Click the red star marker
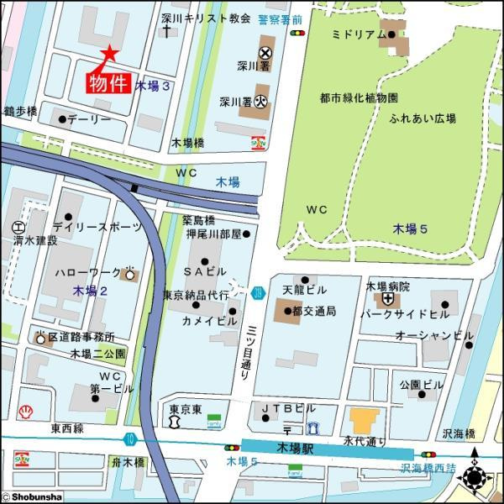coord(109,54)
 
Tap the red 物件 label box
coord(109,82)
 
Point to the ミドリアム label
coord(359,34)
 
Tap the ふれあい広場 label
coord(423,118)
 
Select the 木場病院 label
coord(387,286)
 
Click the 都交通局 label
coord(314,311)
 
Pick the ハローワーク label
coord(87,274)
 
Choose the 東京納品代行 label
coord(196,296)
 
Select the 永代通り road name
coord(365,439)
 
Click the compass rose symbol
coord(476,477)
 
